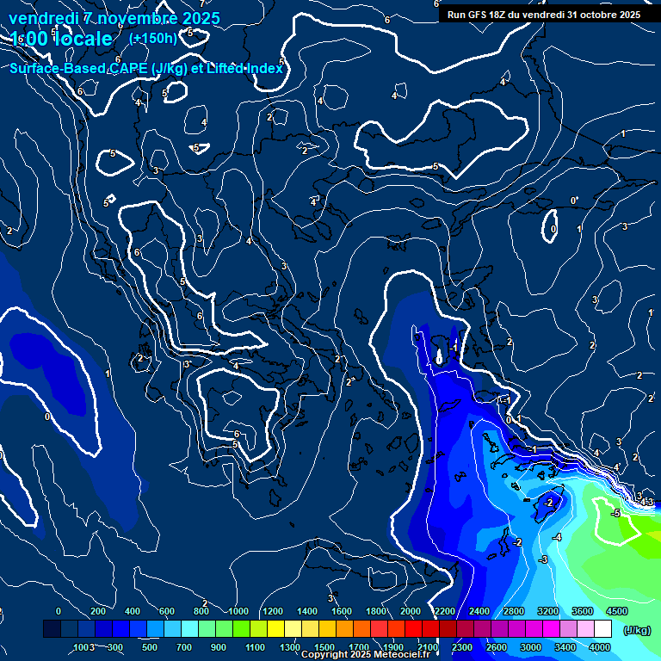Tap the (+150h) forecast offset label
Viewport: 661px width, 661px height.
[x=152, y=38]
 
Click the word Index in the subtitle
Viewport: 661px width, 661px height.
[x=263, y=69]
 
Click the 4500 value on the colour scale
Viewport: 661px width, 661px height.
[x=616, y=611]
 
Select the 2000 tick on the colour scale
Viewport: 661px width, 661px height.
[x=411, y=611]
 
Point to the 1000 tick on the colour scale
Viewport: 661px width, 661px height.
[x=238, y=611]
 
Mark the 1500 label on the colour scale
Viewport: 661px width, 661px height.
[x=324, y=647]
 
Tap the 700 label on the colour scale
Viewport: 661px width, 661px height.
[x=184, y=647]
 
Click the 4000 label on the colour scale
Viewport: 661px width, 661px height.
[x=600, y=647]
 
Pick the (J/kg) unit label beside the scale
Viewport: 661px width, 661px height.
[x=636, y=630]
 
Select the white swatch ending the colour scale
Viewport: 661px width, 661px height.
[x=627, y=630]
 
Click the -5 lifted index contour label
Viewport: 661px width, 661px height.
[x=615, y=513]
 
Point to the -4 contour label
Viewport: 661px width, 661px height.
[x=557, y=537]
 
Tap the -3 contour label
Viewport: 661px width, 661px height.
[x=542, y=559]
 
